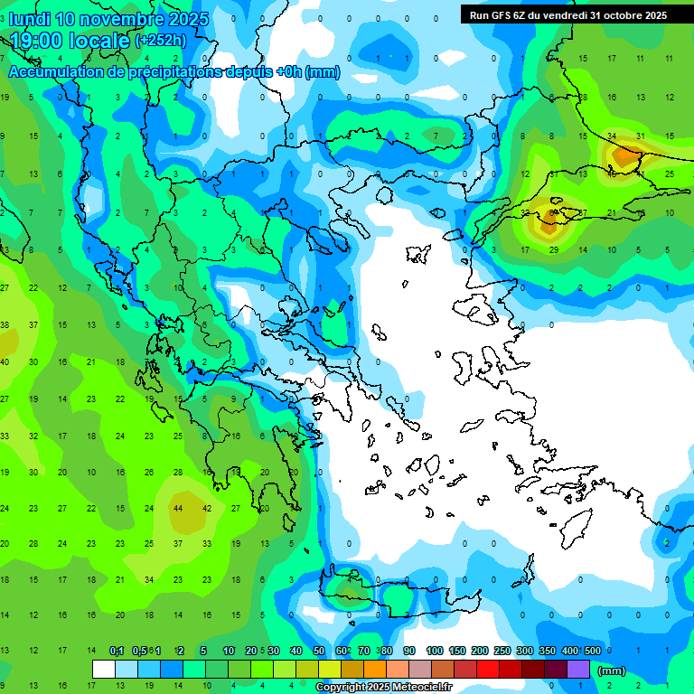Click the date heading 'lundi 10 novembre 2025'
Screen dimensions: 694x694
108,19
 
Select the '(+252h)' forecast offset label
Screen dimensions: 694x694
161,41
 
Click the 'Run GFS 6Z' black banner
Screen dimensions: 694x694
567,14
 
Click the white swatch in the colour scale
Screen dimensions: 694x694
104,669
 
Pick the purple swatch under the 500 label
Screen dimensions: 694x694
578,669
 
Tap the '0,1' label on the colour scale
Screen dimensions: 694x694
117,652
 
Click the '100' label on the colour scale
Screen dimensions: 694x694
435,652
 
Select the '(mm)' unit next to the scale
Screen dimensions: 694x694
611,671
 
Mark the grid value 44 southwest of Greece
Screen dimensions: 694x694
178,508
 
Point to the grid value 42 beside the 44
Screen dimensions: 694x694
207,508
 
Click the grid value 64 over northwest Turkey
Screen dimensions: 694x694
553,213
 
